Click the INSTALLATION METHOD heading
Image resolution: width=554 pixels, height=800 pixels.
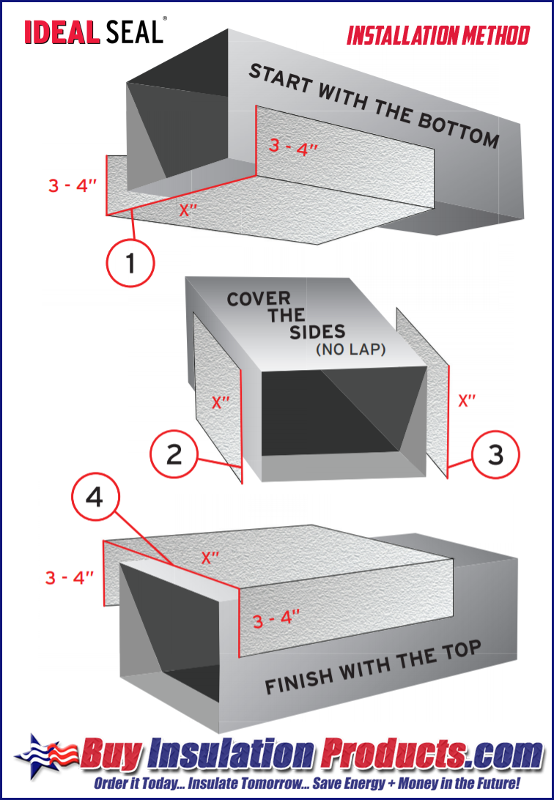pyautogui.click(x=437, y=35)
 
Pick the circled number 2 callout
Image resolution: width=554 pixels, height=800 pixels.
pyautogui.click(x=174, y=454)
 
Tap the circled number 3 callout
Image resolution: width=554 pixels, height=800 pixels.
pyautogui.click(x=495, y=455)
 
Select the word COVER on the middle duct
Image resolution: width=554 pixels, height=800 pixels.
pyautogui.click(x=259, y=299)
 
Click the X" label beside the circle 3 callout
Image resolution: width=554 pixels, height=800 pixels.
pyautogui.click(x=467, y=401)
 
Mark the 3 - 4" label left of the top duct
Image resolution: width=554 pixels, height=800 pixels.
pyautogui.click(x=73, y=185)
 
